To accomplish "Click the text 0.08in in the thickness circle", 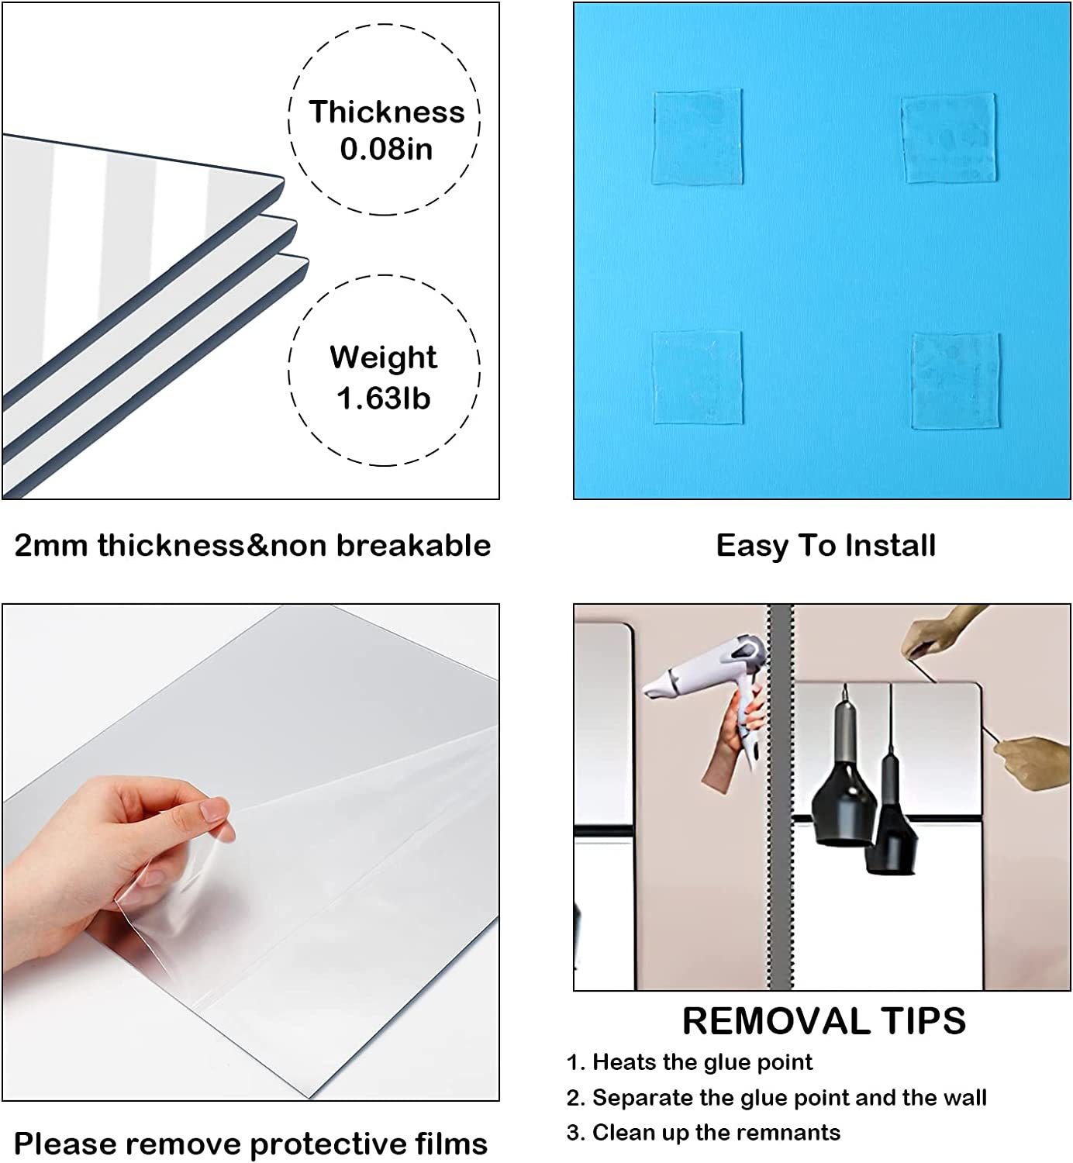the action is (386, 149).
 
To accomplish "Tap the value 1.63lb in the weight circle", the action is (384, 399).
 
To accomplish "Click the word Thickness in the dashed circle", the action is (387, 112).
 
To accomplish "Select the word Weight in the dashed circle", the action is (384, 357).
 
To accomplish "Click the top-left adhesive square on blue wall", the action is (697, 137).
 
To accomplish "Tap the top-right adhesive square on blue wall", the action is (948, 138).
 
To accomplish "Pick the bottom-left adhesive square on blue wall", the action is (698, 378).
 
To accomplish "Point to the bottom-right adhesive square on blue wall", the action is (955, 381).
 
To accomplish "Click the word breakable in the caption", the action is (413, 545).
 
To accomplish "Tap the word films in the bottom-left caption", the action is (451, 1143).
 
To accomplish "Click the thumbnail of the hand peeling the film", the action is (250, 852).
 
